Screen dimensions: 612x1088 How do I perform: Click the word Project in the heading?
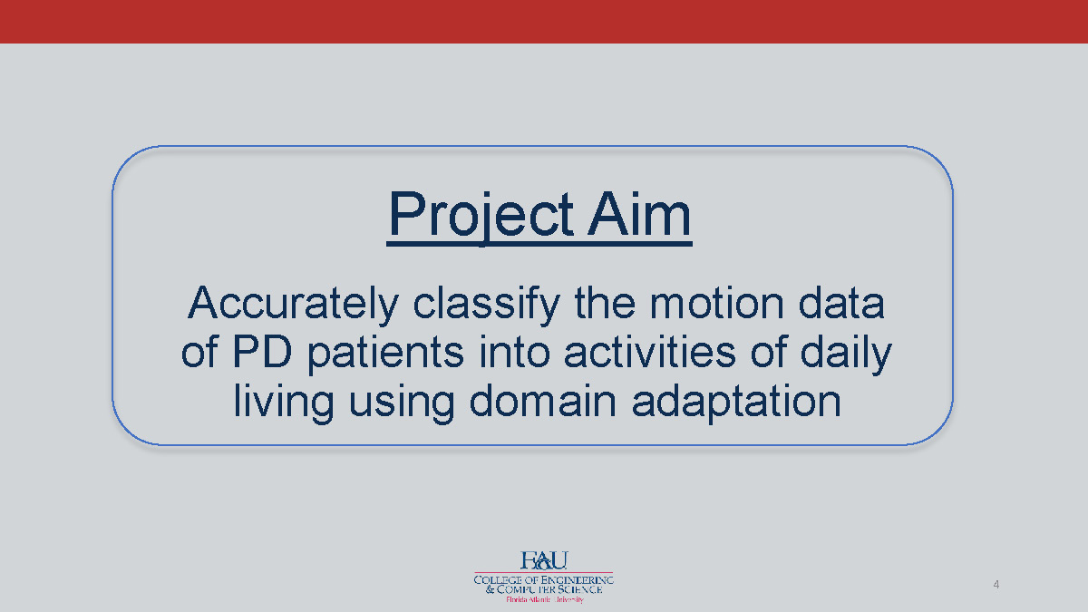(x=481, y=216)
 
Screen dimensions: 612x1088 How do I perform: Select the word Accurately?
(x=292, y=305)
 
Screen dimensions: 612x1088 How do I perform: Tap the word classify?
(x=488, y=305)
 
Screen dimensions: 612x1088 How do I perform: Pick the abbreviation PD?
(x=268, y=354)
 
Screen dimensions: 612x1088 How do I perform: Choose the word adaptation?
(x=737, y=402)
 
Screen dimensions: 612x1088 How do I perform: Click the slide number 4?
(x=996, y=584)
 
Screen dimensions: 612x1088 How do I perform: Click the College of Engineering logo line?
(x=544, y=578)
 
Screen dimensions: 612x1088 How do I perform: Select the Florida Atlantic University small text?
(x=544, y=599)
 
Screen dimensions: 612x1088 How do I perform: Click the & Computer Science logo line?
(x=544, y=589)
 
